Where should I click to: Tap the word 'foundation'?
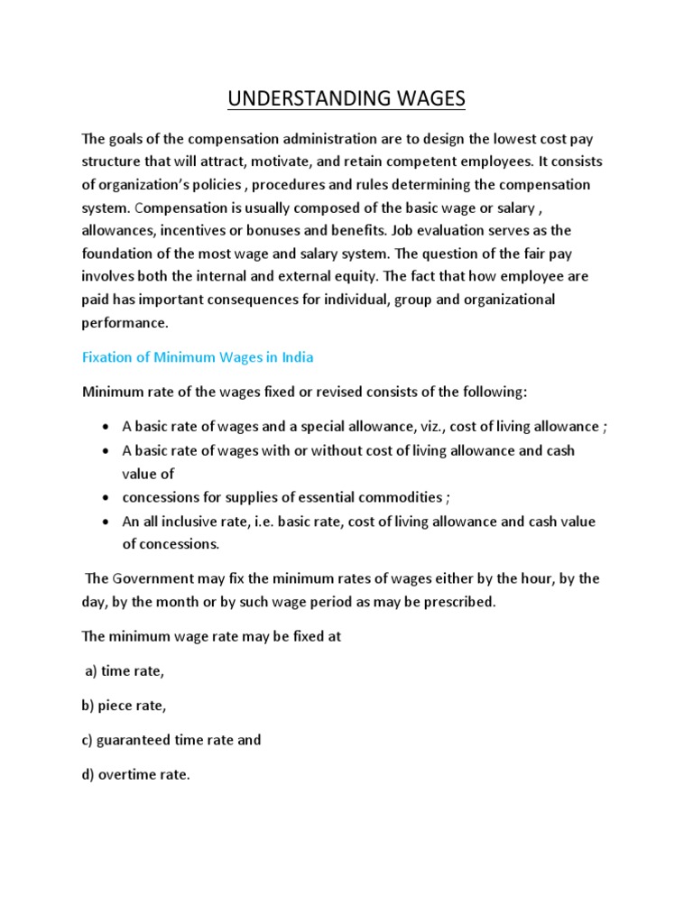116,253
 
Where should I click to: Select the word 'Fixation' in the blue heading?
107,356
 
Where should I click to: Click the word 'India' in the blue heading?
297,356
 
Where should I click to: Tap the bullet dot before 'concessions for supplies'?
106,498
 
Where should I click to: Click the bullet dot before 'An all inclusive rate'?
106,522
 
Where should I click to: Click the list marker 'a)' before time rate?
90,671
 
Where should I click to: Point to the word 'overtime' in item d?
129,774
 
